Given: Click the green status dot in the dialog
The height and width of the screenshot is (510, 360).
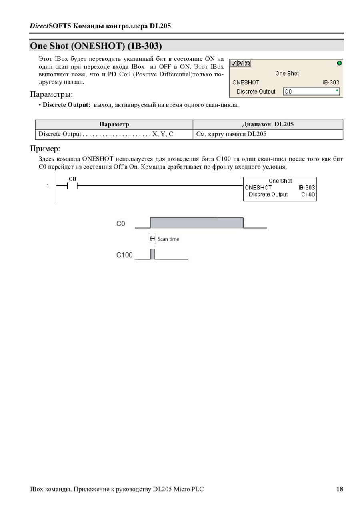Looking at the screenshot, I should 339,63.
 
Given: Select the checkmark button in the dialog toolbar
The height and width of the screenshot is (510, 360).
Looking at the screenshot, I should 234,63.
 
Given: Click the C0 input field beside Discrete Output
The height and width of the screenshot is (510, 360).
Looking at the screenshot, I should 311,92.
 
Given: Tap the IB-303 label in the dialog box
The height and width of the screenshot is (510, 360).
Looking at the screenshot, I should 331,82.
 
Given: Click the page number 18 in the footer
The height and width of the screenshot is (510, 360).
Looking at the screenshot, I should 340,489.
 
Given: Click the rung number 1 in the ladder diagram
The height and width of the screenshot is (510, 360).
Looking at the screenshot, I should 48,186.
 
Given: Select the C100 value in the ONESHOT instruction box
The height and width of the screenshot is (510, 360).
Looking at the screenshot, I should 308,195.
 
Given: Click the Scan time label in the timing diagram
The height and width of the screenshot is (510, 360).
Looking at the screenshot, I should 168,239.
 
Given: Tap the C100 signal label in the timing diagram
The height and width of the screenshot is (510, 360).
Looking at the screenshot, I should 124,255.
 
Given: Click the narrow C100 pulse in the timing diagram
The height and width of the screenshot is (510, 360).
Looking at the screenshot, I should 152,254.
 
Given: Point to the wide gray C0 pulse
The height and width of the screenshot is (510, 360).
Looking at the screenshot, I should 196,223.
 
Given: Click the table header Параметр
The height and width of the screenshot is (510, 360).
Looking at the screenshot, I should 114,124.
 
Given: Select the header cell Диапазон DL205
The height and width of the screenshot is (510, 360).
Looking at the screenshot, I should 268,124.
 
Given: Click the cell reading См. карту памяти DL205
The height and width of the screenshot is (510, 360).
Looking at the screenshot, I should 231,134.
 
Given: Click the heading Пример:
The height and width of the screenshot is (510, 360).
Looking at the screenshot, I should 45,149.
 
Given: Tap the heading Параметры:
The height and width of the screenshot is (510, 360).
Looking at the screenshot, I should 51,94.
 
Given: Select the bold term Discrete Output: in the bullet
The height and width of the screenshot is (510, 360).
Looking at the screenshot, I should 67,105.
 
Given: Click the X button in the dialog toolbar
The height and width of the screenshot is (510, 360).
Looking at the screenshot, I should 240,63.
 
